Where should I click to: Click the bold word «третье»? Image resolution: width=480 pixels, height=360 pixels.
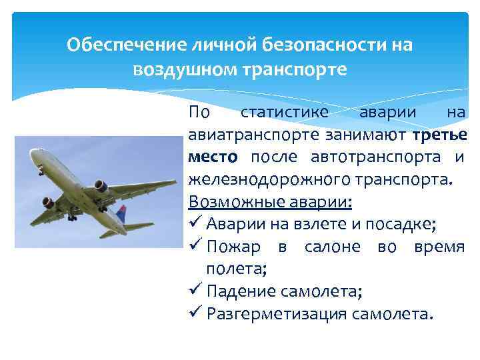click(439, 135)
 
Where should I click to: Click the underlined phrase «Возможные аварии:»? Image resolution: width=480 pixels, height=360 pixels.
click(270, 201)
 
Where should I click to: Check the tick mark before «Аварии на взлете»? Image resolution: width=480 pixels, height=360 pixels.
click(195, 223)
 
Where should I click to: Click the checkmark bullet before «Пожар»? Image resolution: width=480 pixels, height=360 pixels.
click(195, 246)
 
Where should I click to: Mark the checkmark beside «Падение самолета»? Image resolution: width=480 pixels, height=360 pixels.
click(195, 291)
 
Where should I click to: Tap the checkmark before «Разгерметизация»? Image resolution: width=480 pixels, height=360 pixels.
click(195, 313)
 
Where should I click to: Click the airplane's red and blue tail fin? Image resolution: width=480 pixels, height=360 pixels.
click(121, 214)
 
